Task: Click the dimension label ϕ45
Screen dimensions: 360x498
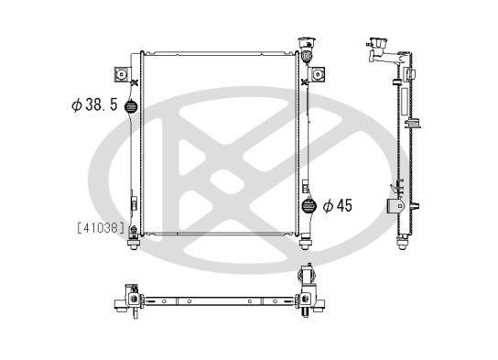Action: coord(339,206)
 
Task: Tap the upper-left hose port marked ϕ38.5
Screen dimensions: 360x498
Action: coord(132,105)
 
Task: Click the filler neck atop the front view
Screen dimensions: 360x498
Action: coord(305,48)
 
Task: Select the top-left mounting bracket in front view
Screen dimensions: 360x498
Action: coord(119,74)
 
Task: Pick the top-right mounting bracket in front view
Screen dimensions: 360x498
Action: coord(319,73)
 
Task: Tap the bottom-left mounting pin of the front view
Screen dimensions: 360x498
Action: coord(135,242)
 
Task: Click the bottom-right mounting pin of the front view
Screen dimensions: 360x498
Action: coord(305,242)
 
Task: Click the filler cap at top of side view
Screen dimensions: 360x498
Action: coord(376,44)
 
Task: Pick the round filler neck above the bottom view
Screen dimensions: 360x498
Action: coord(307,273)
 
